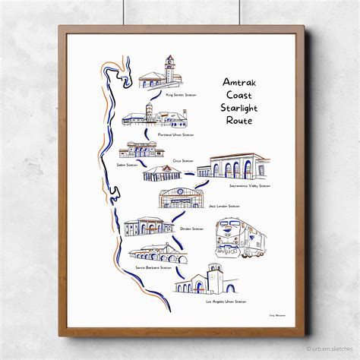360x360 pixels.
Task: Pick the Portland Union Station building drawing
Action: (x=155, y=117)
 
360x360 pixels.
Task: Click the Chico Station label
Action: (x=183, y=161)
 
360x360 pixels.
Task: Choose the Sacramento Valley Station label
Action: (x=250, y=185)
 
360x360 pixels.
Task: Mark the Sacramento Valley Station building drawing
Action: (x=239, y=166)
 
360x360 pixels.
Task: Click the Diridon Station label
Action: (x=192, y=229)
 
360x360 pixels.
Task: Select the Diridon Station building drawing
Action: (x=149, y=226)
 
